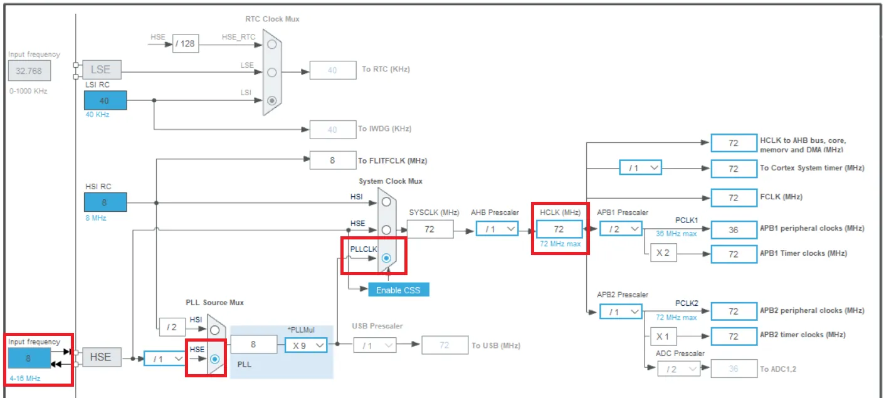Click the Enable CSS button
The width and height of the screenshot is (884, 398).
click(399, 290)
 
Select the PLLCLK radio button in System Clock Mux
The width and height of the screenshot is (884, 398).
click(386, 258)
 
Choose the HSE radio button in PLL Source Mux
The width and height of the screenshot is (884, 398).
click(214, 359)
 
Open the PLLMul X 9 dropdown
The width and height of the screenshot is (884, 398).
click(306, 345)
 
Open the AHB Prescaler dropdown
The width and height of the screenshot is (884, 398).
click(497, 229)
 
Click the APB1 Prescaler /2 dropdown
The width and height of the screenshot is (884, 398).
click(621, 229)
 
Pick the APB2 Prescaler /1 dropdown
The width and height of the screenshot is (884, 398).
click(621, 312)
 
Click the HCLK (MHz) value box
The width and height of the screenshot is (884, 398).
click(559, 229)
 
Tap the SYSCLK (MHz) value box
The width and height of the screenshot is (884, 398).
click(429, 229)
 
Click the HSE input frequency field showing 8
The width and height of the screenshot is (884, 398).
click(29, 358)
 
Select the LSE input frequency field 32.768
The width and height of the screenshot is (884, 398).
click(29, 71)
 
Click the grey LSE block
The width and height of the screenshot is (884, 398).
click(102, 70)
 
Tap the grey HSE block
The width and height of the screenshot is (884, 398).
click(102, 357)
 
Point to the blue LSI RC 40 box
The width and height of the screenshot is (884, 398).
click(105, 100)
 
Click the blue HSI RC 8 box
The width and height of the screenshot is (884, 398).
click(105, 202)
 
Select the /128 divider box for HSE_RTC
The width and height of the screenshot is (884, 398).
click(186, 43)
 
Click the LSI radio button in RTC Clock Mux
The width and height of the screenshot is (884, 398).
click(272, 100)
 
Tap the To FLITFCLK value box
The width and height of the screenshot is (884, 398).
click(333, 160)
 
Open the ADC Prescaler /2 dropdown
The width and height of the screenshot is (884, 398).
click(678, 369)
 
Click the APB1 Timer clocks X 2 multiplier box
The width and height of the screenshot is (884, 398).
click(663, 253)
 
